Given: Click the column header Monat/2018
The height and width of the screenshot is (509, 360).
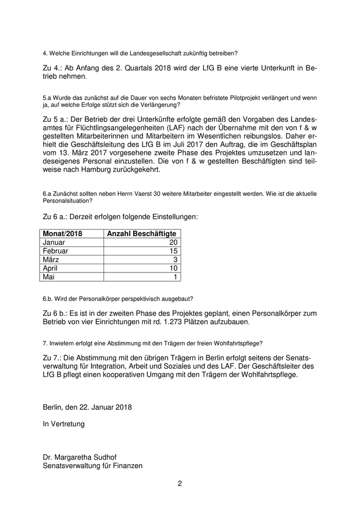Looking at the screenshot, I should coord(62,233).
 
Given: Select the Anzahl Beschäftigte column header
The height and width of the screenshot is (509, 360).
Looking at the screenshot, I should coord(141,233).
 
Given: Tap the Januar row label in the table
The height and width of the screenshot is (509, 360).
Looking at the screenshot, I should coord(55,242).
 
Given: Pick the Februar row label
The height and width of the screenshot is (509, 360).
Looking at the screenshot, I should coord(56,251).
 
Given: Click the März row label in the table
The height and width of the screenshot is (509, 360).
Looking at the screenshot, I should coord(51,260).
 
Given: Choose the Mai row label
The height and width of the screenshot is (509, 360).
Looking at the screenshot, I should coord(49,277).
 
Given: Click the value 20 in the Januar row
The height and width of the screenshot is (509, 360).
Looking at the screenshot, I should coord(173,242).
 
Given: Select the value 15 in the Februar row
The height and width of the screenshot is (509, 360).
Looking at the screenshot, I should coord(173,251).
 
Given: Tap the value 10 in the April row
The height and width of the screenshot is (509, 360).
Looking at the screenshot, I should coord(173,268).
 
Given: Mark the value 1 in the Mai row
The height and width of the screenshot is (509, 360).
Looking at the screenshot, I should coord(175,277).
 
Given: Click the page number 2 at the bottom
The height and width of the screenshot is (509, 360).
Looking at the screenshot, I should coord(180,483).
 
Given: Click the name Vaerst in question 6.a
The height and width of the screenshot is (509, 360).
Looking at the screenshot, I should coord(141,193).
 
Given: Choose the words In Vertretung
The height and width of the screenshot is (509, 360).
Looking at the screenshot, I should coord(64,424).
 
